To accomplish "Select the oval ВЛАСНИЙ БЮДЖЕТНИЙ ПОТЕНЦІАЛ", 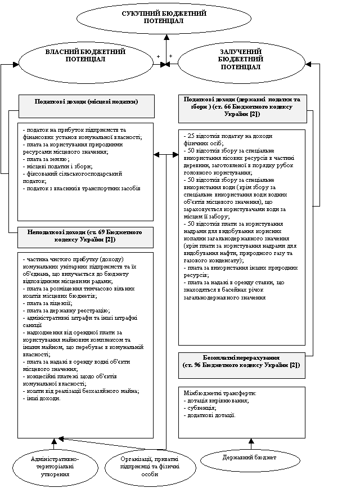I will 85,59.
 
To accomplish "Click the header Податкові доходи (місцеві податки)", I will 86,102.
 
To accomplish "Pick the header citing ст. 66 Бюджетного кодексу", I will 242,106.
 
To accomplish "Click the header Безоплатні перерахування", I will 242,361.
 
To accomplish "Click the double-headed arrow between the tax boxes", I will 165,154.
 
